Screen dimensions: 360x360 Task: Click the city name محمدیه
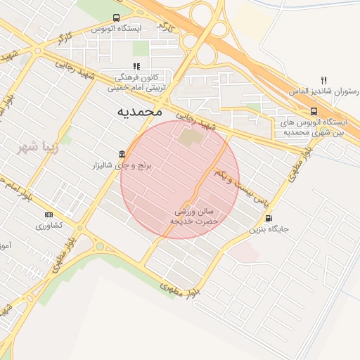tap(139, 111)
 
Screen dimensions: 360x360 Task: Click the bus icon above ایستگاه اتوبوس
tap(116, 18)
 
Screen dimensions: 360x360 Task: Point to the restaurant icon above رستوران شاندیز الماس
tap(323, 80)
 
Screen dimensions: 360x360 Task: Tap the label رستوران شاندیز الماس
tap(323, 92)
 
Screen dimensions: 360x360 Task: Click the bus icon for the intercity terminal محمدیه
tap(314, 111)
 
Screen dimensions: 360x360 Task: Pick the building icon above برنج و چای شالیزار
tap(122, 154)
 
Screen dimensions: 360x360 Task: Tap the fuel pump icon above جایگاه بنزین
tap(269, 218)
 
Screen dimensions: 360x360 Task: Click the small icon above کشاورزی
tap(49, 214)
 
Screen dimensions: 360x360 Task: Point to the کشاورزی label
tap(49, 226)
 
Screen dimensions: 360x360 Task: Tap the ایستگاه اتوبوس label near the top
tap(117, 29)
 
